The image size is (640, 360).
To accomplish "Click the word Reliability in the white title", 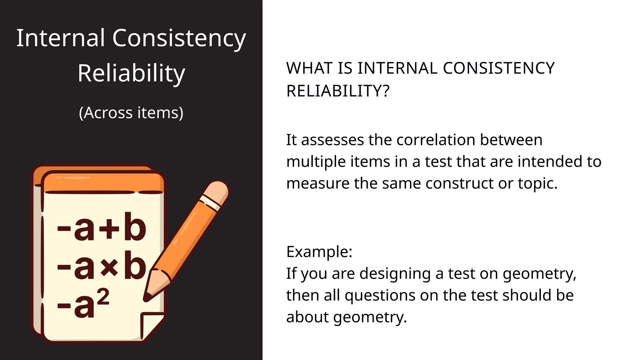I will point(131,73).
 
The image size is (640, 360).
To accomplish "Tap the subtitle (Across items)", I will point(131,113).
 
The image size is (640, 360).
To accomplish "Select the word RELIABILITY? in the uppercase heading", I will point(338,91).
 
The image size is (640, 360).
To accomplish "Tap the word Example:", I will point(319,252).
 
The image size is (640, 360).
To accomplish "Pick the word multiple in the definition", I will point(316,162).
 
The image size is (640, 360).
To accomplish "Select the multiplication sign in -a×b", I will point(109,267).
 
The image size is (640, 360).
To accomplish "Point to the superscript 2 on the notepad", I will point(103,296).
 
